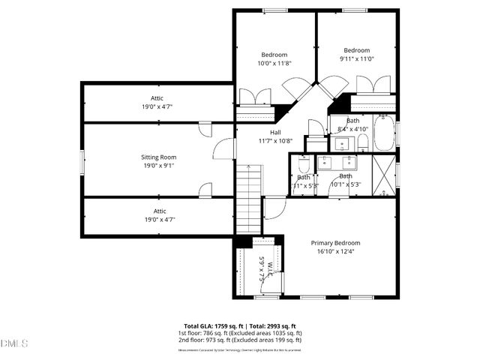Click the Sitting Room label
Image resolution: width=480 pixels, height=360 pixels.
click(158, 157)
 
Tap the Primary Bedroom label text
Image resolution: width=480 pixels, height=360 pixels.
click(336, 243)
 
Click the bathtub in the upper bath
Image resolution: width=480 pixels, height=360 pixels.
click(384, 133)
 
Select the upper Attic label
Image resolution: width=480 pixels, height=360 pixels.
click(157, 98)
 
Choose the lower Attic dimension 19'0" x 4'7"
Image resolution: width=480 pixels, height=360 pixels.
click(157, 220)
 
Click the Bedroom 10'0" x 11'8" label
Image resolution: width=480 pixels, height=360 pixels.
click(274, 63)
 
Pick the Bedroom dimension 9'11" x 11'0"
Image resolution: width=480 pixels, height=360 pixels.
click(356, 59)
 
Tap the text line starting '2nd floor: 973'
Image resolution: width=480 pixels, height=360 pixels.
click(240, 340)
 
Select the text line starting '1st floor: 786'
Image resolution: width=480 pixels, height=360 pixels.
click(240, 333)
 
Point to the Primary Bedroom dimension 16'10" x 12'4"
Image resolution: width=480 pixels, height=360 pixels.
click(336, 252)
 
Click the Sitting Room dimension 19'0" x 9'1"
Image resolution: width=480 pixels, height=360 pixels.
click(158, 166)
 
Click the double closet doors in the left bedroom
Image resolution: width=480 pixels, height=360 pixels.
click(256, 98)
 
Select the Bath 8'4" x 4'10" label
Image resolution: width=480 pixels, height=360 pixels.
click(352, 121)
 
